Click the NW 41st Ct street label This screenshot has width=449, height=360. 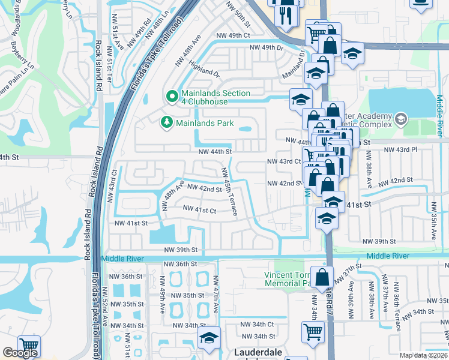click(199, 210)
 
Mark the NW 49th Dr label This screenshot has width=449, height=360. click(265, 47)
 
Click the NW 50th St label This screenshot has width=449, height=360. click(237, 13)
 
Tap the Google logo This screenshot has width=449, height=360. click(20, 353)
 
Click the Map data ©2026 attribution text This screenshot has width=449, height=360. click(423, 355)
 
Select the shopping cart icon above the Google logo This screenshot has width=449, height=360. click(28, 346)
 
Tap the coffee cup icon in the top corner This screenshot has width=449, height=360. click(421, 3)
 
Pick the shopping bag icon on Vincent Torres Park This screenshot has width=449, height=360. click(322, 278)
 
